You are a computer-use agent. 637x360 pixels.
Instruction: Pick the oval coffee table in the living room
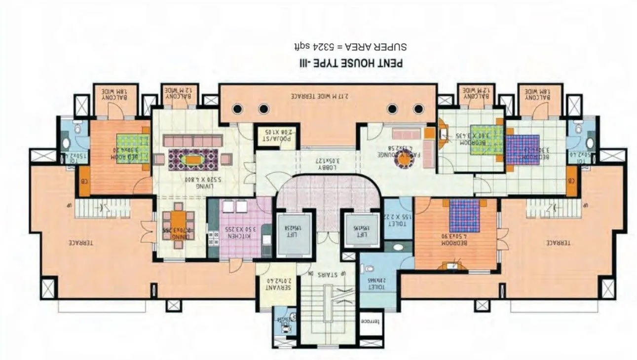click(x=190, y=159)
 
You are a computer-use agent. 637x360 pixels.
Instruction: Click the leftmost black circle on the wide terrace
click(x=238, y=108)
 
